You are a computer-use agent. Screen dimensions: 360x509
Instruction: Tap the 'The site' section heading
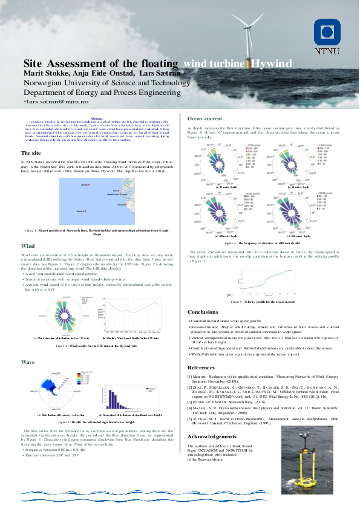point(31,154)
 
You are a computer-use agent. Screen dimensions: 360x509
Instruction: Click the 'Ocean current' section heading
point(205,118)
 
